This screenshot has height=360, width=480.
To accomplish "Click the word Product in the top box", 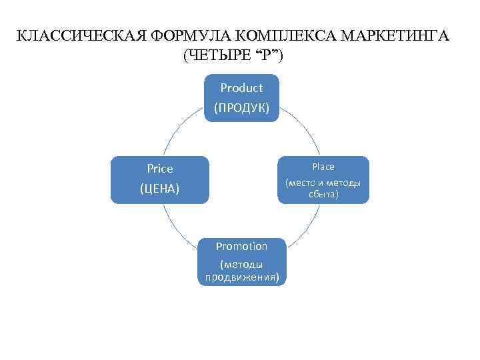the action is click(x=241, y=87).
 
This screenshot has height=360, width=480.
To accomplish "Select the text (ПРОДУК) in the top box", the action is click(x=241, y=107).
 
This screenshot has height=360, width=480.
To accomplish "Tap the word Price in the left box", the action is click(x=160, y=169).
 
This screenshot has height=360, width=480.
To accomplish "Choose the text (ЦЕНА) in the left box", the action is click(x=160, y=189).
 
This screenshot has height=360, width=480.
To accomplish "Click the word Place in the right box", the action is click(x=323, y=167).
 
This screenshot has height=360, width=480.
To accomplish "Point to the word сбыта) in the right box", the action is click(x=323, y=194).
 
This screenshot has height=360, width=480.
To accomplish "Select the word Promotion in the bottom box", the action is click(x=241, y=246).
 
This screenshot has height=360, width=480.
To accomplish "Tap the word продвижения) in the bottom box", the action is click(x=241, y=277).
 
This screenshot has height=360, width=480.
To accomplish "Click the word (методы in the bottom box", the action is click(x=241, y=265).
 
